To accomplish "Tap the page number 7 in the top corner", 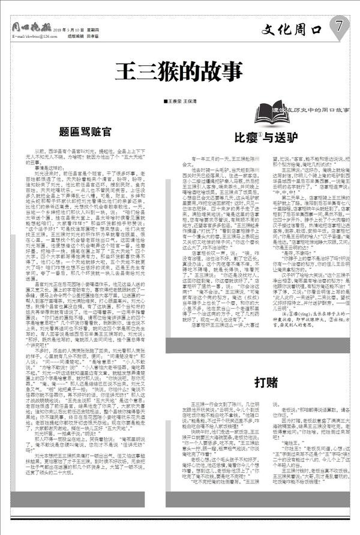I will pos(338,26).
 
